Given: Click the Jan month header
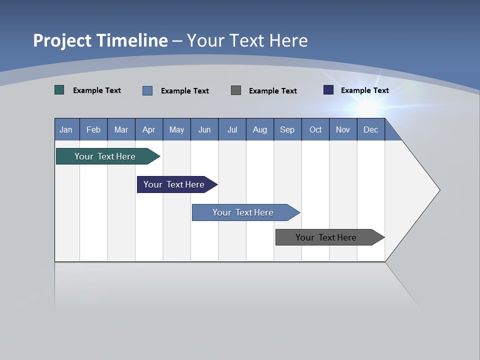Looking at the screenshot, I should pyautogui.click(x=66, y=129).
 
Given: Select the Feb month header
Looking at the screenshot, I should pyautogui.click(x=93, y=129).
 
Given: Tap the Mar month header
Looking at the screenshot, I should pyautogui.click(x=121, y=129).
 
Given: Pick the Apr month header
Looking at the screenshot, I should pyautogui.click(x=149, y=129).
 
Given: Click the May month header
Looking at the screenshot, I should pyautogui.click(x=176, y=129).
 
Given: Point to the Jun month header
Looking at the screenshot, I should pyautogui.click(x=204, y=129).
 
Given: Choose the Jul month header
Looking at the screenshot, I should pyautogui.click(x=232, y=129).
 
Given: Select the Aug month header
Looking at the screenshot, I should pyautogui.click(x=260, y=129).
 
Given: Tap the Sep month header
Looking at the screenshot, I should pyautogui.click(x=287, y=129).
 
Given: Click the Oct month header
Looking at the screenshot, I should pyautogui.click(x=315, y=129).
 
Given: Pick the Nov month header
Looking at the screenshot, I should pyautogui.click(x=343, y=129).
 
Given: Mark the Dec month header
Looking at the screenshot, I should pyautogui.click(x=371, y=129).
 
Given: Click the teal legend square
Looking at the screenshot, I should pyautogui.click(x=59, y=90).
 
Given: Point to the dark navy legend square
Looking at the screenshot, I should pyautogui.click(x=328, y=90).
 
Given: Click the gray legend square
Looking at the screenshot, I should pyautogui.click(x=236, y=90).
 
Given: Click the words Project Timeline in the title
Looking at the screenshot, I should pyautogui.click(x=100, y=40).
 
